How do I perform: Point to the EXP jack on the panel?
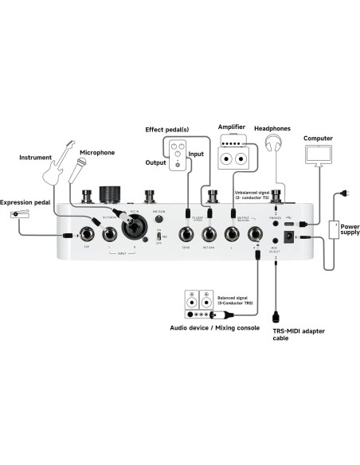(x=84, y=235)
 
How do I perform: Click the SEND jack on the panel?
(x=186, y=234)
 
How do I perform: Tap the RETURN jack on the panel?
(x=210, y=234)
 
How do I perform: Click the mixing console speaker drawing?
(x=195, y=300)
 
